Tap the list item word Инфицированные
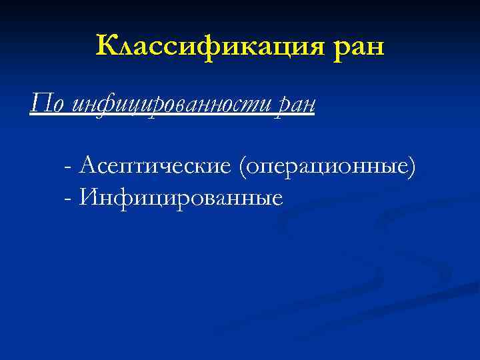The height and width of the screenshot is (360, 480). coord(180,197)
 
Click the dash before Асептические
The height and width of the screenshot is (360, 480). coord(69,165)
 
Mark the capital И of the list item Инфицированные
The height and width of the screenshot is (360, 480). coord(87,196)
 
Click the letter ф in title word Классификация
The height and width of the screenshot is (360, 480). coord(221,47)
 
